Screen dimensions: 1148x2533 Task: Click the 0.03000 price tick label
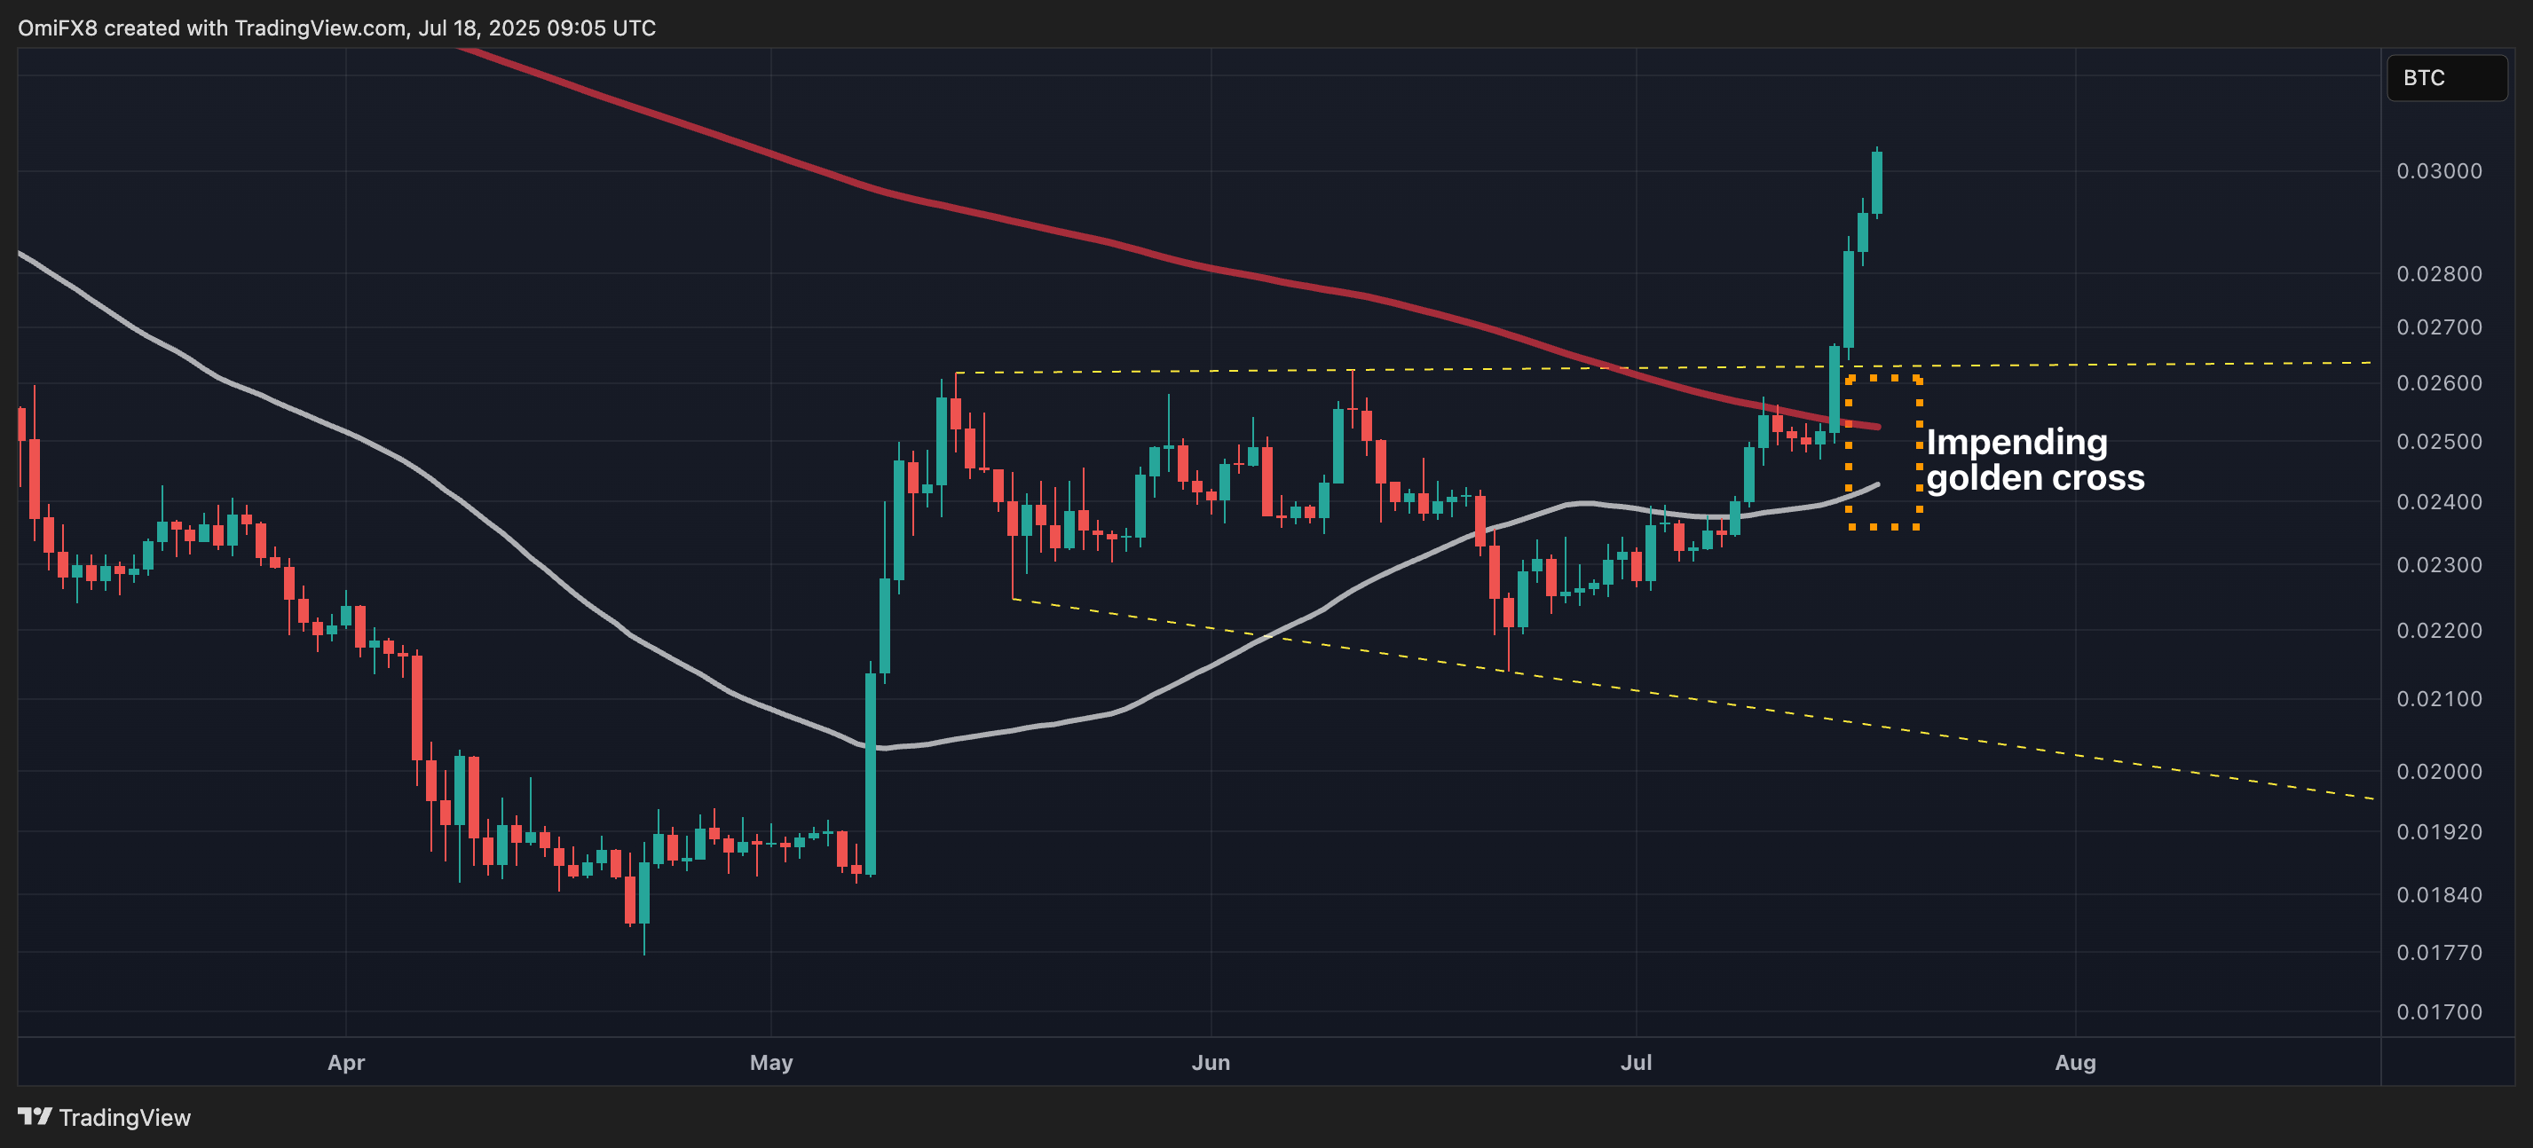[x=2439, y=171]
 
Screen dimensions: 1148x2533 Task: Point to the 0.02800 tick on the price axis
[x=2439, y=274]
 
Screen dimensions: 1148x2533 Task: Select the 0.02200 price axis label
[x=2439, y=631]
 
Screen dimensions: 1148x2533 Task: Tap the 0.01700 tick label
[x=2439, y=1012]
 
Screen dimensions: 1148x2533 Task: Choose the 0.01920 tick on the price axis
[x=2439, y=832]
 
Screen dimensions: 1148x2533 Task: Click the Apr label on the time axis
[x=346, y=1063]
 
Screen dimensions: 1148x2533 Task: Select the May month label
[x=771, y=1063]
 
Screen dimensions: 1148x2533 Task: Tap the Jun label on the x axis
[x=1211, y=1063]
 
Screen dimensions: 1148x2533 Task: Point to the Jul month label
[x=1637, y=1063]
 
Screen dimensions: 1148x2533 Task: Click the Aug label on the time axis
[x=2075, y=1063]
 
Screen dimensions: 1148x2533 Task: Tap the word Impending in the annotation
[x=2016, y=443]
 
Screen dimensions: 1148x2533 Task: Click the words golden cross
[x=2034, y=479]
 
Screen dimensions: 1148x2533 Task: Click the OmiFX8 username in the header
[x=57, y=28]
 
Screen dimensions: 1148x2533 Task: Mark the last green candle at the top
[x=1877, y=183]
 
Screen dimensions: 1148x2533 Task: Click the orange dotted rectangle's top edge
[x=1883, y=377]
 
